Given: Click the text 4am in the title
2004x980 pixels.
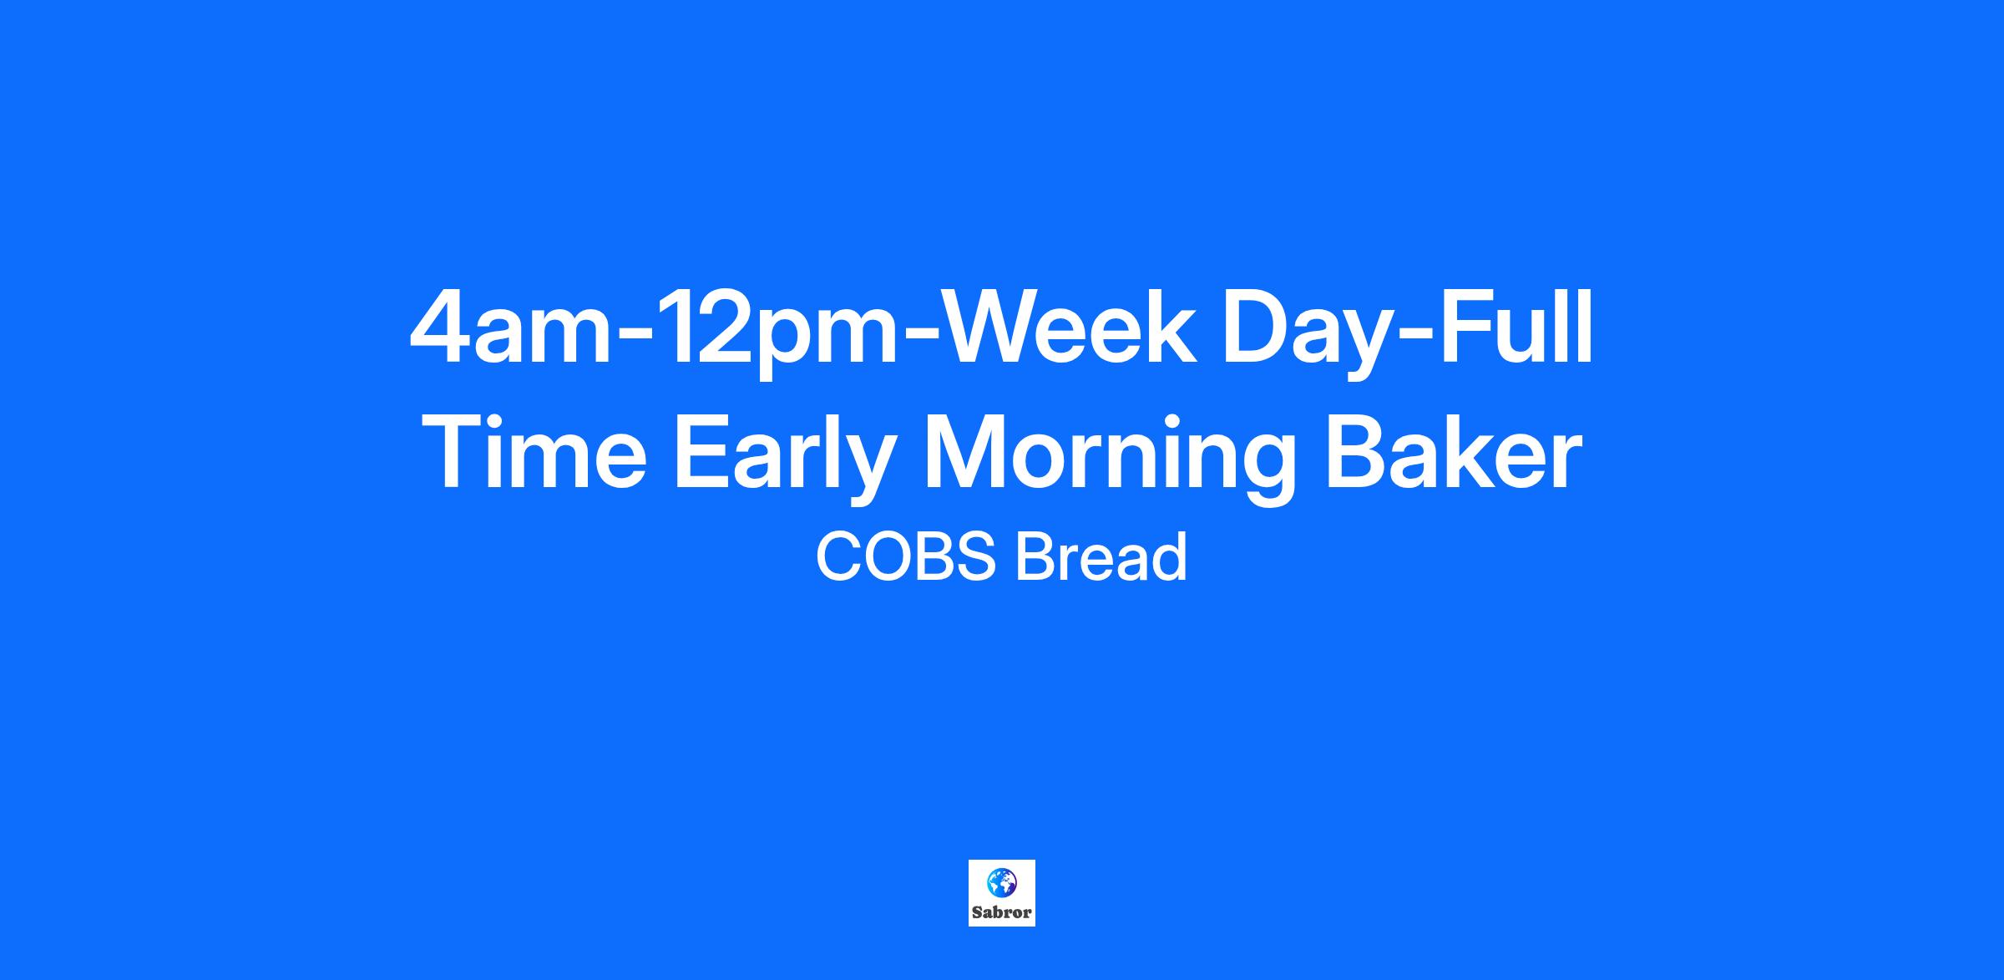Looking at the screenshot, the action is (511, 329).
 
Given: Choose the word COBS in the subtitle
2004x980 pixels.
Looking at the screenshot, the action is (905, 556).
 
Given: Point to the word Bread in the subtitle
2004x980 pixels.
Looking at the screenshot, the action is (1101, 556).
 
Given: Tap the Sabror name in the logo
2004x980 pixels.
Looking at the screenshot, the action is (1002, 913).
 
